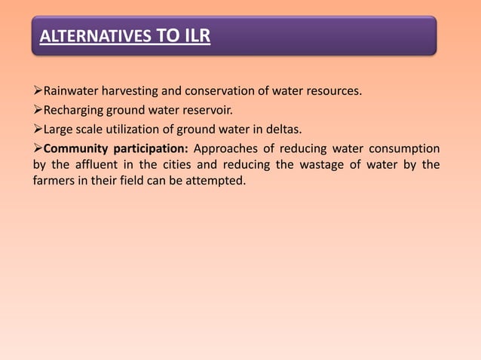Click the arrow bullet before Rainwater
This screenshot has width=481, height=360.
tap(38, 93)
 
